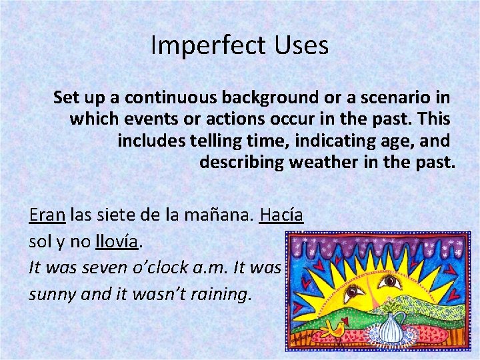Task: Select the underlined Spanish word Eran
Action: click(x=47, y=215)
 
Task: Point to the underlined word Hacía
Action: click(x=282, y=215)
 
